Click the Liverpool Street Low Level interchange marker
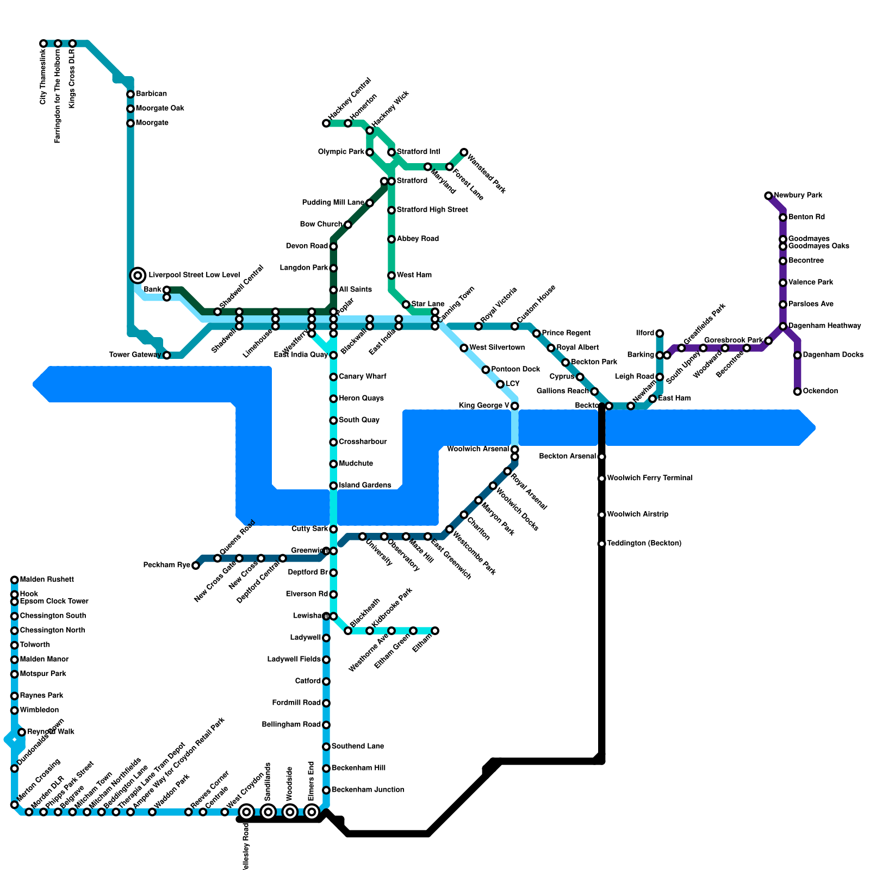point(138,275)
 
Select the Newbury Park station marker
point(768,196)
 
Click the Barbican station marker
point(130,95)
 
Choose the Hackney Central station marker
point(326,123)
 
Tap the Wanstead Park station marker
point(464,152)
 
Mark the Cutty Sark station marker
point(333,529)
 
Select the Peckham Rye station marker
point(196,565)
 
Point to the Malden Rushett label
point(47,580)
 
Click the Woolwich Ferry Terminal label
point(649,478)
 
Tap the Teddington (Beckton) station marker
point(601,544)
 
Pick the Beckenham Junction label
point(368,790)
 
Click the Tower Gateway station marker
point(167,356)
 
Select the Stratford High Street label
point(432,209)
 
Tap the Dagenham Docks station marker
point(797,356)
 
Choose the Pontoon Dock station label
point(515,369)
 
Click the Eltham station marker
point(435,631)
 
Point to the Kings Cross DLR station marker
point(72,43)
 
